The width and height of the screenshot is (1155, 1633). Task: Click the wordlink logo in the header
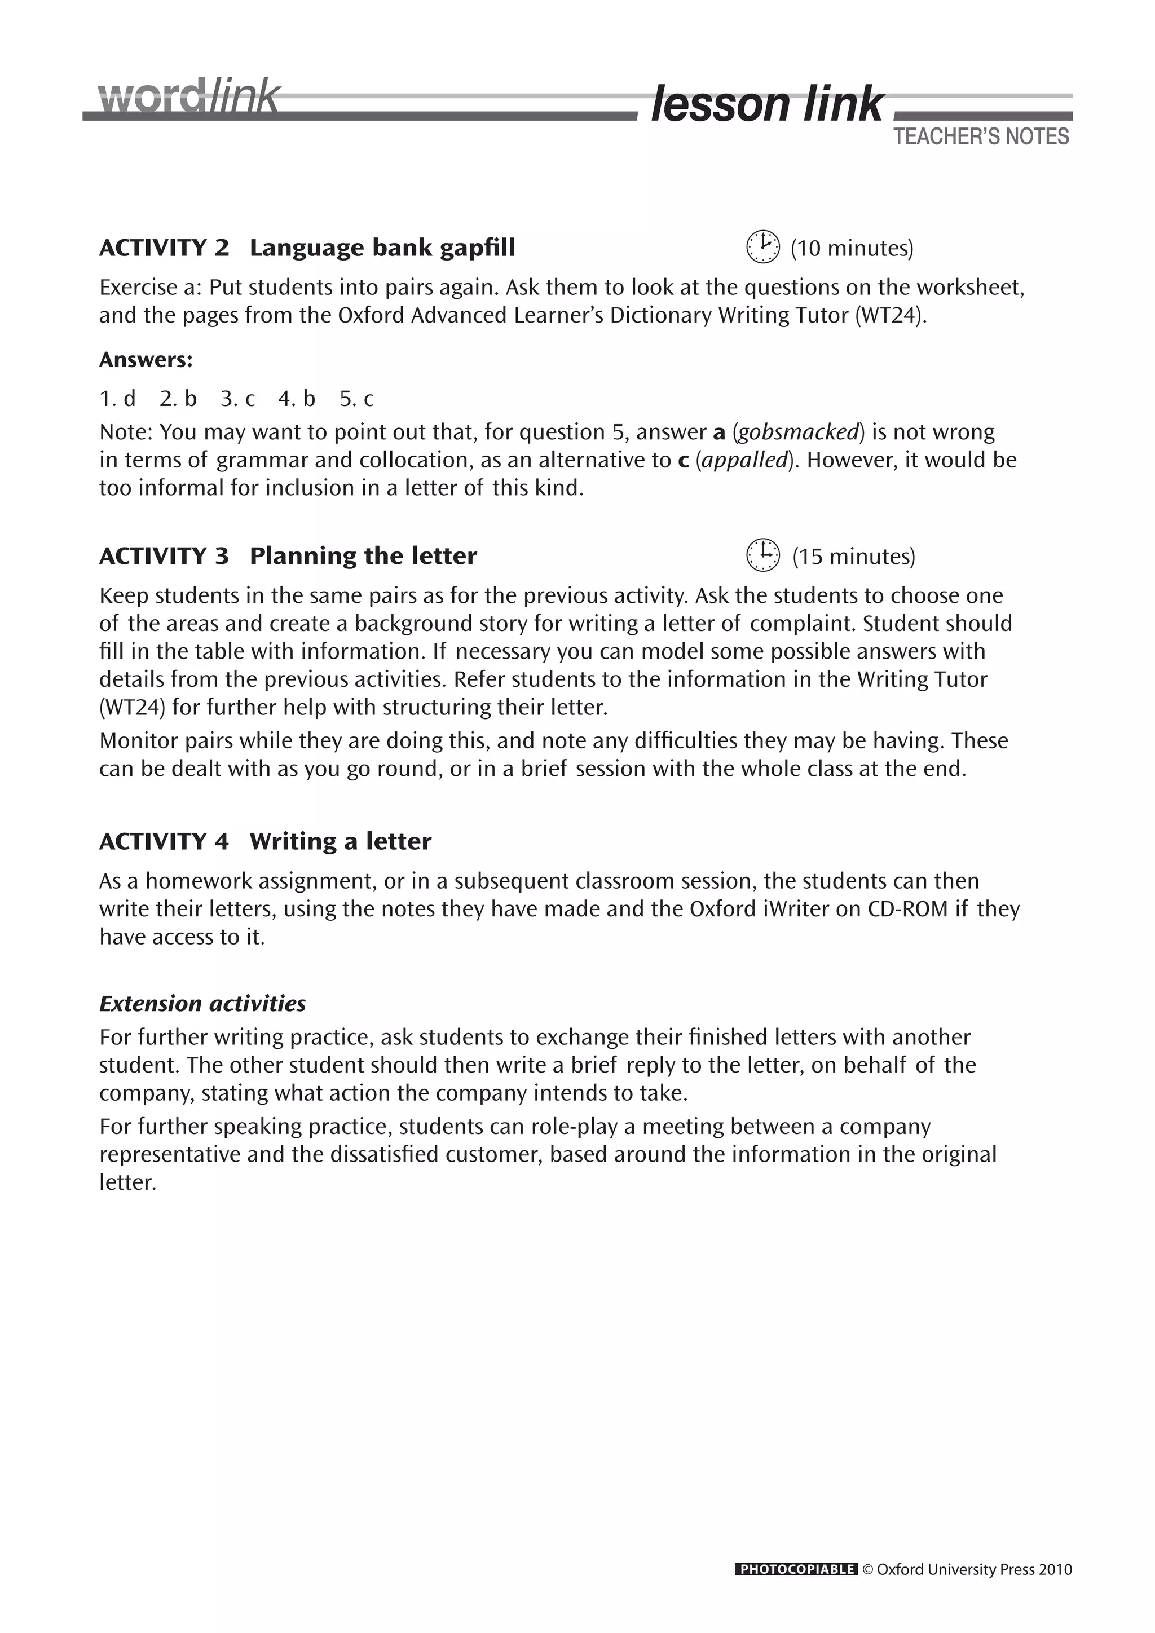point(189,98)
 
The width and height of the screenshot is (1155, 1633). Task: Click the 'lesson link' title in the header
point(766,104)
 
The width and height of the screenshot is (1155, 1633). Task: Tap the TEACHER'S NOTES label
point(981,136)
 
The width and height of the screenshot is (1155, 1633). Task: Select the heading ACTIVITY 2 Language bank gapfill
point(307,248)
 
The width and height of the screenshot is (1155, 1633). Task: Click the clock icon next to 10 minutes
point(762,247)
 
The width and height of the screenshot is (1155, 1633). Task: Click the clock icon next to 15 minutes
point(762,555)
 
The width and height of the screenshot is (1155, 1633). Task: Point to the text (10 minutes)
point(852,248)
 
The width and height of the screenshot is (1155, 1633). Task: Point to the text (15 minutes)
point(853,556)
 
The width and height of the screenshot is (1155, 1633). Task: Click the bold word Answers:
point(146,360)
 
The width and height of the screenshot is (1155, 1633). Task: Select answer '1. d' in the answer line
point(117,399)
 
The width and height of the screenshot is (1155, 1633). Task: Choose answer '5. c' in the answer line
point(356,399)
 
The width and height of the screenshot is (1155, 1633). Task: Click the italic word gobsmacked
point(798,432)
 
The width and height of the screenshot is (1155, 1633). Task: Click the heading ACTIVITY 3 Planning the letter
point(288,555)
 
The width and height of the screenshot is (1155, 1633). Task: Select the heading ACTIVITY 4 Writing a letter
point(265,841)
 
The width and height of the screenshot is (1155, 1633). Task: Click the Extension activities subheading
point(202,1004)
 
